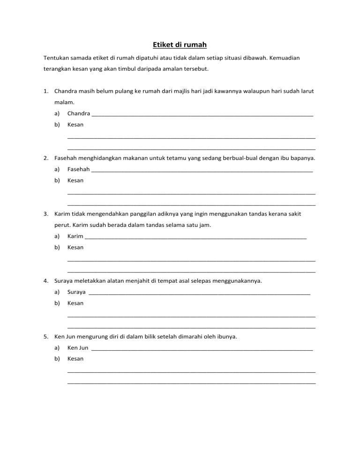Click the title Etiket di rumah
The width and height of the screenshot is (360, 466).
coord(180,45)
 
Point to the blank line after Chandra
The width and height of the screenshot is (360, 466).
coord(202,115)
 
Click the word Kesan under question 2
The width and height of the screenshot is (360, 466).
coord(75,180)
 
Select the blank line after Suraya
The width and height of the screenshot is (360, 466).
coord(199,294)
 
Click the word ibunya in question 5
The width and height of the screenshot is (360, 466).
coord(227,337)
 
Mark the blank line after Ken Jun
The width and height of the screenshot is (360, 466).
coord(202,350)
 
